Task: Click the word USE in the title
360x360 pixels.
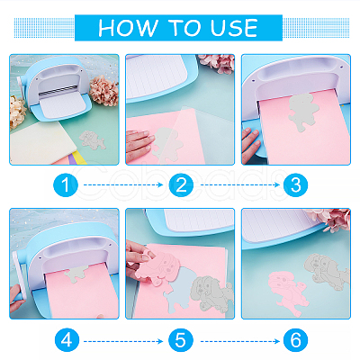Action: pyautogui.click(x=234, y=28)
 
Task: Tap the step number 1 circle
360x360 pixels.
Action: pyautogui.click(x=66, y=184)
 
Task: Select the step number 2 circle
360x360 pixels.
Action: pyautogui.click(x=181, y=184)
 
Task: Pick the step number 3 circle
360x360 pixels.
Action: pyautogui.click(x=296, y=184)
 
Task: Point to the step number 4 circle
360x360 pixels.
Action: pyautogui.click(x=67, y=340)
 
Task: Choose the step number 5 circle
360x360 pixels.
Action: pyautogui.click(x=181, y=340)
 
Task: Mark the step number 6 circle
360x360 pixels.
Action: pyautogui.click(x=296, y=340)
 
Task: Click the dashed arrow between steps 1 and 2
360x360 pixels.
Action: pyautogui.click(x=123, y=184)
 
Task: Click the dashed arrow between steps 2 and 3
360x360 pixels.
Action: pyautogui.click(x=240, y=184)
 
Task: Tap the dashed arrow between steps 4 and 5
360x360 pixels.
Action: pyautogui.click(x=123, y=341)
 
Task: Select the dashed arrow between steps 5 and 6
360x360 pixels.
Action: pyautogui.click(x=240, y=341)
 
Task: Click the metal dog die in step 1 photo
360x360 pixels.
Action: pyautogui.click(x=93, y=139)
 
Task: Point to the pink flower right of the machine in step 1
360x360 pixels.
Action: pyautogui.click(x=103, y=90)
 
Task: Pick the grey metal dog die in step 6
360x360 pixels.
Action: pyautogui.click(x=327, y=272)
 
